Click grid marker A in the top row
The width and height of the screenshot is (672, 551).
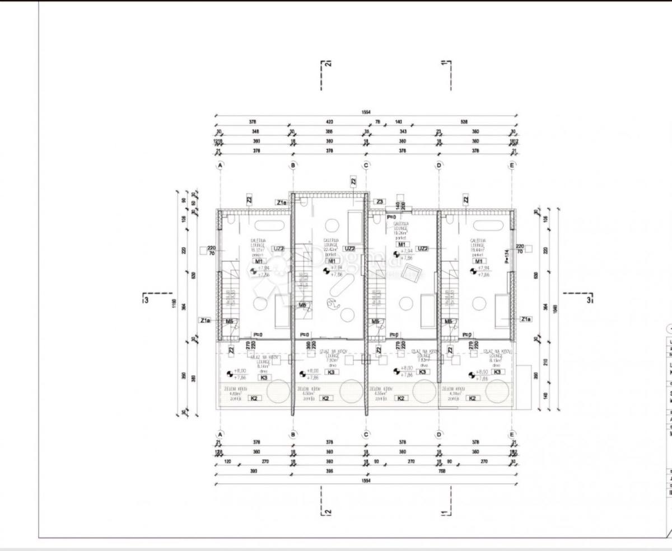221,165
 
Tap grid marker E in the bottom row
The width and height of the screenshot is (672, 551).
512,434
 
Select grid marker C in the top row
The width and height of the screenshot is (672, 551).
366,165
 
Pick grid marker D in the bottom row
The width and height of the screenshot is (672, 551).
439,434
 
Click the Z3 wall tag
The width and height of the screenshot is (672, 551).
380,201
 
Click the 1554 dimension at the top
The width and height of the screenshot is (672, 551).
366,112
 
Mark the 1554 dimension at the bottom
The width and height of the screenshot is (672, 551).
366,481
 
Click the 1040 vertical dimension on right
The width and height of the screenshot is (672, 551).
555,309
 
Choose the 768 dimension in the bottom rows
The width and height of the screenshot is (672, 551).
442,471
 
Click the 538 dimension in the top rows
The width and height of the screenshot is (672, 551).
464,121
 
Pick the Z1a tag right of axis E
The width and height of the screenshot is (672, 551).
525,319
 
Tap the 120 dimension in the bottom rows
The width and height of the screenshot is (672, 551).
228,462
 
